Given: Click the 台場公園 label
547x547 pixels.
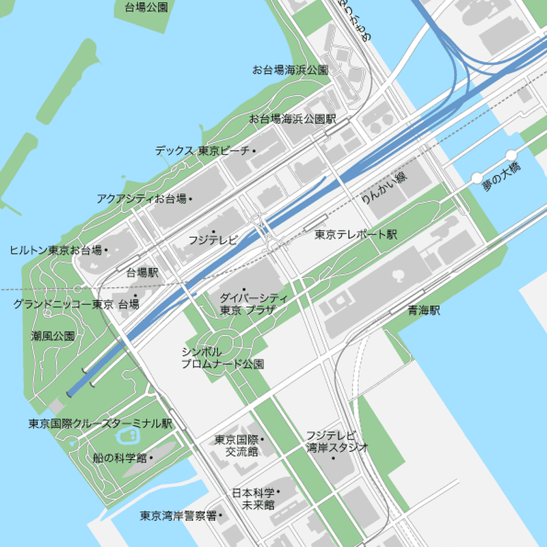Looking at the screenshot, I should point(146,8).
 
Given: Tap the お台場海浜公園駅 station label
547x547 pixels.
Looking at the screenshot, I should point(293,119).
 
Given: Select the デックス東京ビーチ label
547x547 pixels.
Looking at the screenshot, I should point(202,150).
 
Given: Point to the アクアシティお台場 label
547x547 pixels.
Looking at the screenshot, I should point(142,199).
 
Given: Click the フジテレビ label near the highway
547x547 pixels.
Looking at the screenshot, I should point(213,240).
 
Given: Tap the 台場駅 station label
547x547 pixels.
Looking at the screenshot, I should point(142,272).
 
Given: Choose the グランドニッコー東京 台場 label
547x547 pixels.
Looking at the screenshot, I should point(76,304).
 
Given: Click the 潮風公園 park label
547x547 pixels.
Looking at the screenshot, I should point(53,336).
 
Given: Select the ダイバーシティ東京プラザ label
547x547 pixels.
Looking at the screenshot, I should point(248,304).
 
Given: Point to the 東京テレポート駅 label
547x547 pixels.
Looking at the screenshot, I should point(356,235).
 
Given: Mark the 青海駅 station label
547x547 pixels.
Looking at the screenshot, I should point(424,310).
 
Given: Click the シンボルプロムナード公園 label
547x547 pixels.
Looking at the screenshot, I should point(223,358).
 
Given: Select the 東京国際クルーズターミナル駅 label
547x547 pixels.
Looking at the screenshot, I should point(100,423).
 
